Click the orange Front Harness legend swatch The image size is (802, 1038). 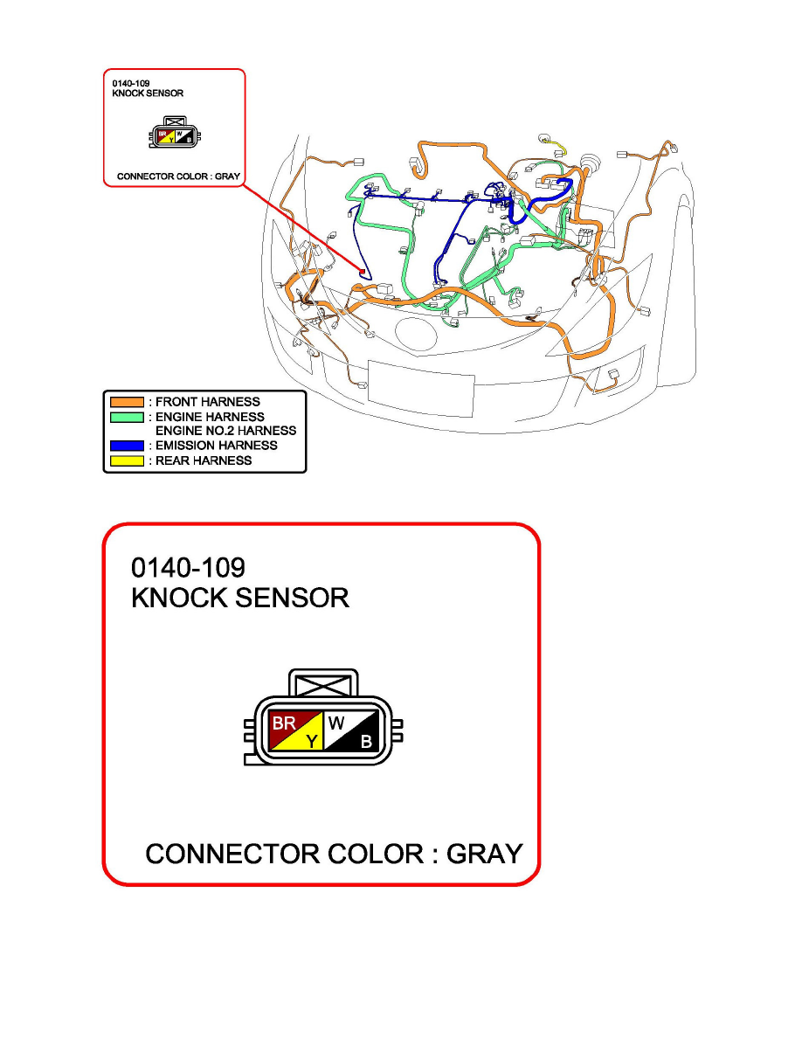coord(127,402)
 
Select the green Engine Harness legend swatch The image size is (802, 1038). coord(127,417)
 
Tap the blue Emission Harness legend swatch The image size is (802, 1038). coord(127,446)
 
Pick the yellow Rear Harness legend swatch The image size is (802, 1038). coord(127,460)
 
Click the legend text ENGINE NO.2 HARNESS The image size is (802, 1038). coord(225,431)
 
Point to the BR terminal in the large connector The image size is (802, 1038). coord(286,723)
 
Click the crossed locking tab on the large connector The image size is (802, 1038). coord(323,683)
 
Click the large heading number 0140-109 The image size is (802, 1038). coord(188,567)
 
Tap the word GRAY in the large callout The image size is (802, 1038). coord(484,854)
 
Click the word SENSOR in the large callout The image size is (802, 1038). coord(292,598)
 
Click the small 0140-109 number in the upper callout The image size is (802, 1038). coord(131,83)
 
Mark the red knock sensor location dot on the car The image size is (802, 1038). coord(362,272)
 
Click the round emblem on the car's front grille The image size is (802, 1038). coord(416,334)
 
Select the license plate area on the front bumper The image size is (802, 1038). coord(421,390)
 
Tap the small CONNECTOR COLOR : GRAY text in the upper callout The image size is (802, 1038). coord(179,176)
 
